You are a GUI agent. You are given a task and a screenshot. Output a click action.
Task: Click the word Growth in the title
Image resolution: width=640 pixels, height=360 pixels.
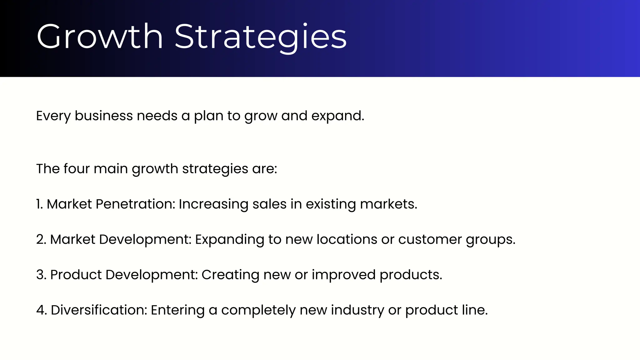[x=99, y=37]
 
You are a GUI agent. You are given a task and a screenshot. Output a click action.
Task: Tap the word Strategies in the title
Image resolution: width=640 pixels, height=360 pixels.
[x=260, y=37]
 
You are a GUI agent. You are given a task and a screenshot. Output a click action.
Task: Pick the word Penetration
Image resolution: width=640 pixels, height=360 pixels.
[x=135, y=204]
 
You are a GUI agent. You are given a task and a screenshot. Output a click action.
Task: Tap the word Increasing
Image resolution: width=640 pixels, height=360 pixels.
[x=213, y=204]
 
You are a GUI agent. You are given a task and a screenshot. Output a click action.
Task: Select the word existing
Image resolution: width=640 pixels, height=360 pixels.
[x=331, y=204]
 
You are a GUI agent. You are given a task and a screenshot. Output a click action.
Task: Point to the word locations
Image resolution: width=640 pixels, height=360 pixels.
[x=347, y=239]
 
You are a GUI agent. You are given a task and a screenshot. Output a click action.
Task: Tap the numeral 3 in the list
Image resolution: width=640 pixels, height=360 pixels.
[x=41, y=275]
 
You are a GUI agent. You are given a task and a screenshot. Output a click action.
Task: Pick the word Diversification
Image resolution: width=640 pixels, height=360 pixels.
[x=98, y=310]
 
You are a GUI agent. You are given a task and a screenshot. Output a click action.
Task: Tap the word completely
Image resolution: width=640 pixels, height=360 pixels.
[x=258, y=310]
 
